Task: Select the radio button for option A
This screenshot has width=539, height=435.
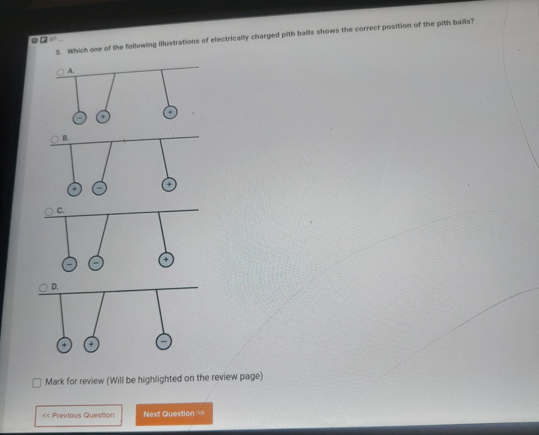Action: [x=61, y=72]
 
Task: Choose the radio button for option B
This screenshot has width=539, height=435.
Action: [x=55, y=139]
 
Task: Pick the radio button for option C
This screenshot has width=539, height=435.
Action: [x=49, y=212]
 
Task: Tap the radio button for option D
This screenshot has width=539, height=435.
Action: [x=43, y=288]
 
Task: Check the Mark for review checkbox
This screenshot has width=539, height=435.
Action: [x=37, y=383]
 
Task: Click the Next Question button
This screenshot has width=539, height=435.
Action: [x=174, y=414]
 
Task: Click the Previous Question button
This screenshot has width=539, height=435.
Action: [x=78, y=415]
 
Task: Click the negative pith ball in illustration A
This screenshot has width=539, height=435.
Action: [x=80, y=118]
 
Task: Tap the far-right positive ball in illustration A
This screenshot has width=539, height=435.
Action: [x=170, y=112]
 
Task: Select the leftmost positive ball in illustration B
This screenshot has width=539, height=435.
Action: [x=74, y=189]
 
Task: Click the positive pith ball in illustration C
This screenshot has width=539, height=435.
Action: [x=166, y=260]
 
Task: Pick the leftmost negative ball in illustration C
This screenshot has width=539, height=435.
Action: [x=69, y=265]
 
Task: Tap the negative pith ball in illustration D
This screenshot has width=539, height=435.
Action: [x=163, y=342]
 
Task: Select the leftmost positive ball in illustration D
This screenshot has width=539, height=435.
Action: [x=64, y=345]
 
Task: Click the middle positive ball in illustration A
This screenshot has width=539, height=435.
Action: [x=103, y=117]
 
